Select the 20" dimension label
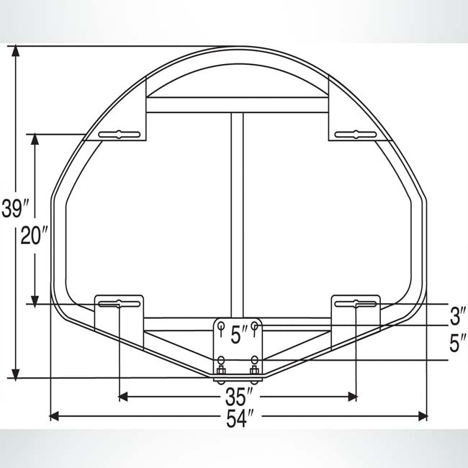(35, 235)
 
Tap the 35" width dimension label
(238, 397)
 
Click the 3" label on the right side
(456, 315)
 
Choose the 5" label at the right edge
(456, 343)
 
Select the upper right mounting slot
(355, 134)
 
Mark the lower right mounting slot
(355, 305)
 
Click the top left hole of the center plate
(222, 326)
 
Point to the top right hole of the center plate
(254, 326)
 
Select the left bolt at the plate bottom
(222, 371)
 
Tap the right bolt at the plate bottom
(253, 371)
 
